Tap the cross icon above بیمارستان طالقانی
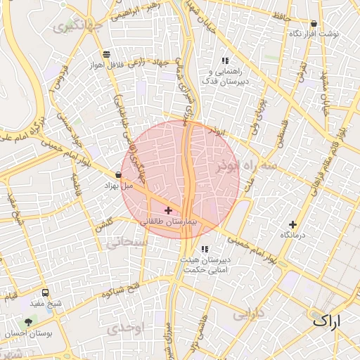[x=168, y=210]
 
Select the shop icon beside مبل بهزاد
[x=117, y=174]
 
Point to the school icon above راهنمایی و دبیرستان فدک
[x=225, y=60]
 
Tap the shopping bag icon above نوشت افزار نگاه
[x=314, y=22]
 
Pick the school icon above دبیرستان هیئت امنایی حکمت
[x=205, y=249]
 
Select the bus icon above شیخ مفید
[x=46, y=292]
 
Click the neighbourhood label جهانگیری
[x=73, y=28]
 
